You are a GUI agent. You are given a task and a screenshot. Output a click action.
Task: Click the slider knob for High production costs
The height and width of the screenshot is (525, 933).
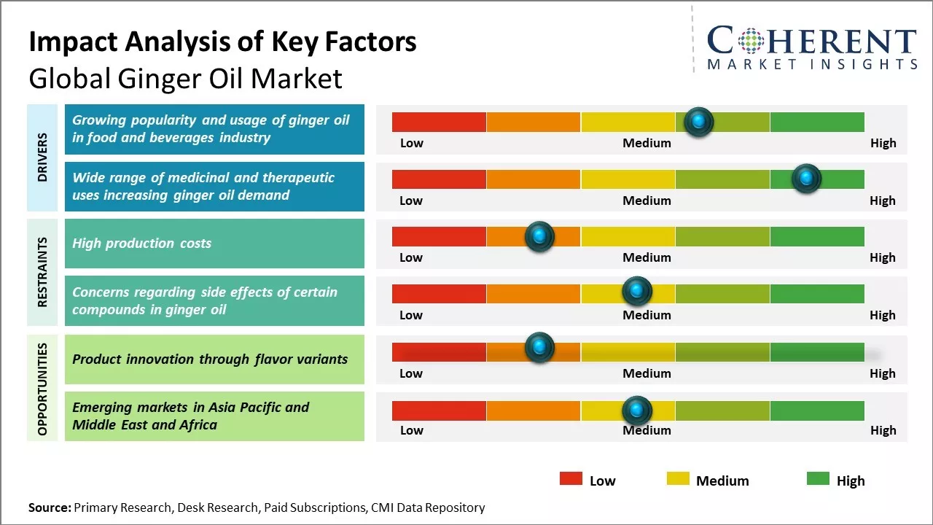(539, 236)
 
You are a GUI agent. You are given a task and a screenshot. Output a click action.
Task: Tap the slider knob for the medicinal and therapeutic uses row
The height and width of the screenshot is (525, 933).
(806, 179)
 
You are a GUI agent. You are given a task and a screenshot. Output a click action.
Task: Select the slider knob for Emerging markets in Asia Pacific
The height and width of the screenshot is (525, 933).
(636, 411)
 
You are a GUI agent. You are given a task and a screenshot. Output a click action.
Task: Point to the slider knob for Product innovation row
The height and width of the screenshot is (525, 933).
(539, 348)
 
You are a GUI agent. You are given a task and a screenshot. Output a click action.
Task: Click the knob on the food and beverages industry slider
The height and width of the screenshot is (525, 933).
(698, 122)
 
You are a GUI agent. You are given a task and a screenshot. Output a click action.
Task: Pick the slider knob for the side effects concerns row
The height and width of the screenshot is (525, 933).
(636, 291)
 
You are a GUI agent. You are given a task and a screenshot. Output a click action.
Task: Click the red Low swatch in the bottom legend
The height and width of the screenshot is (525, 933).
(571, 478)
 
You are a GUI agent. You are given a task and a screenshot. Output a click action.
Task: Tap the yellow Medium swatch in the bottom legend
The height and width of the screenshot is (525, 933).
(678, 478)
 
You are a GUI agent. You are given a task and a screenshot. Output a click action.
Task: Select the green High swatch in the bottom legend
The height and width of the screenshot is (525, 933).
(818, 478)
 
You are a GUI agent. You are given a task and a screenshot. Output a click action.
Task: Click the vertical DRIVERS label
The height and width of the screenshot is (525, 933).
(42, 157)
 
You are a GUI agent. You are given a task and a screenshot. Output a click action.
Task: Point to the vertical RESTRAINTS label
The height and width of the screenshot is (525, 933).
(42, 272)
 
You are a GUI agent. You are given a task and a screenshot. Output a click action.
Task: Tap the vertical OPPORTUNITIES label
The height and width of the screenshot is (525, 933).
(42, 389)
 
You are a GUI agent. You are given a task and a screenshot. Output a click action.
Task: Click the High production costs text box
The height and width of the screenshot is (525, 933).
(214, 244)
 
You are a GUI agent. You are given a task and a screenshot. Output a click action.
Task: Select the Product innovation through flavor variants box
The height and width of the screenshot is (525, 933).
(214, 359)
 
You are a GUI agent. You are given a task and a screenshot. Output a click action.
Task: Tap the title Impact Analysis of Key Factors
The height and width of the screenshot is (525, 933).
(222, 42)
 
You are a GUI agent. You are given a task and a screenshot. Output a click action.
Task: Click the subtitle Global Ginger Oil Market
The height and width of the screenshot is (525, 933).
(185, 78)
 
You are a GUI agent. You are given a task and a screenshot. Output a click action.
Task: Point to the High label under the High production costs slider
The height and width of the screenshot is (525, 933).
(882, 257)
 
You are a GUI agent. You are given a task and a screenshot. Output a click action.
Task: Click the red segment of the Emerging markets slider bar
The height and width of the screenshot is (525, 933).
(439, 411)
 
